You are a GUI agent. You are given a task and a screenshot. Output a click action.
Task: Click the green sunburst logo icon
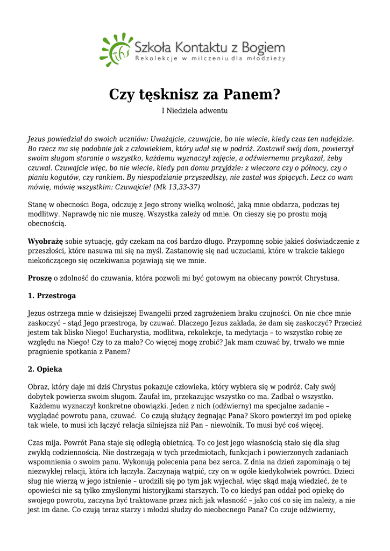[x=115, y=49]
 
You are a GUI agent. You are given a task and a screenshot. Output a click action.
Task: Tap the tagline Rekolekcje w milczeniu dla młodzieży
[x=210, y=58]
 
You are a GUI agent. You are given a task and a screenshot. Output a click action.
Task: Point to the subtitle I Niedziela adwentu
[x=195, y=111]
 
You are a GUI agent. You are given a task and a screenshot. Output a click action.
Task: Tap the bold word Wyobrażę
[x=45, y=242]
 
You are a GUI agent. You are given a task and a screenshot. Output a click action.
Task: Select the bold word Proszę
[x=40, y=278]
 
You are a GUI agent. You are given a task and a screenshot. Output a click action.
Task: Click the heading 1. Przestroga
[x=52, y=296]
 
